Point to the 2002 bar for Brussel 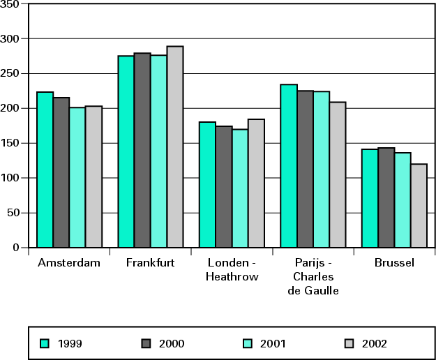click(419, 206)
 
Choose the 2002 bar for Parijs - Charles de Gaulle click(338, 174)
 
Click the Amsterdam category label click(69, 263)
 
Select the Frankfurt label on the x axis click(151, 263)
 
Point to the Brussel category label click(394, 263)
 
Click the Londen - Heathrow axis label click(232, 270)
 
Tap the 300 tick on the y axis click(12, 38)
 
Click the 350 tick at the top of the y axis click(12, 4)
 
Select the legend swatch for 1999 click(45, 343)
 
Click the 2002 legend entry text click(375, 343)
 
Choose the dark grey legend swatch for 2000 click(146, 343)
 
